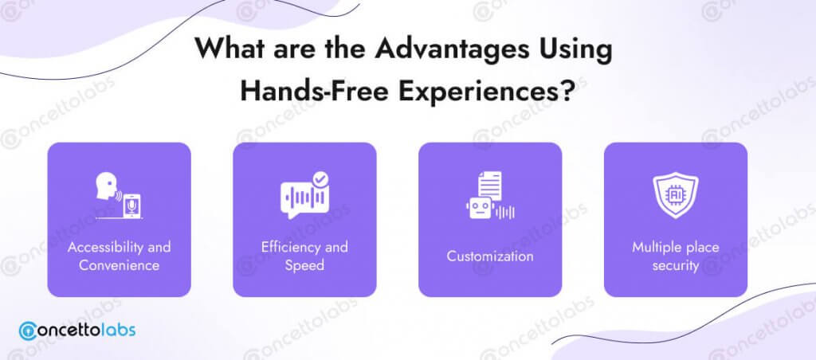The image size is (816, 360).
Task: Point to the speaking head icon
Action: coord(106,186)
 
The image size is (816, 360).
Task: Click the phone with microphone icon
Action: coord(131,205)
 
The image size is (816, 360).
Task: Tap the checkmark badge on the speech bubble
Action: coord(320,180)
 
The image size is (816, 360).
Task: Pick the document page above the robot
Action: coord(490,186)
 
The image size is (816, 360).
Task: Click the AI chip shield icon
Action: coord(676,195)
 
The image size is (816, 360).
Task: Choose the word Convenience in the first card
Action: coord(120,265)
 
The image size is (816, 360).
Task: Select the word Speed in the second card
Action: coord(304,266)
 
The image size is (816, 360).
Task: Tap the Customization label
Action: coord(490,256)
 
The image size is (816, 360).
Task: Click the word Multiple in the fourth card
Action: coord(654,247)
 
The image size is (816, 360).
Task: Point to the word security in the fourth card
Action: coord(676,266)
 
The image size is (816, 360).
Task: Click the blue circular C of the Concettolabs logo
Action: coord(28,331)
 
